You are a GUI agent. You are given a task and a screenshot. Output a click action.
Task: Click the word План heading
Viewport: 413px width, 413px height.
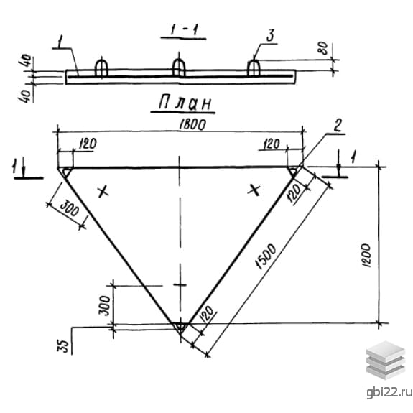(x=185, y=103)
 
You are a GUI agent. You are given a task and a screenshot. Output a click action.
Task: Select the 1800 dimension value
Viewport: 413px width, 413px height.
(x=192, y=124)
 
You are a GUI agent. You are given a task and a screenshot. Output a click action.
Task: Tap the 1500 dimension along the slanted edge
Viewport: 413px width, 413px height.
(x=266, y=256)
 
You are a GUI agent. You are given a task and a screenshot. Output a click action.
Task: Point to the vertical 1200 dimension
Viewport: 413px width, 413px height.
(x=366, y=255)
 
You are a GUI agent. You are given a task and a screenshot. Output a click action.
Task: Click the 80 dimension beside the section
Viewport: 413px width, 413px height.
(x=323, y=48)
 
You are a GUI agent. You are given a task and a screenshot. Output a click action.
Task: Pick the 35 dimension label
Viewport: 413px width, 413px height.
(x=63, y=345)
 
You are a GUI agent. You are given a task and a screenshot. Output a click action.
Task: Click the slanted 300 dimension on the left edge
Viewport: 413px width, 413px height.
(x=69, y=208)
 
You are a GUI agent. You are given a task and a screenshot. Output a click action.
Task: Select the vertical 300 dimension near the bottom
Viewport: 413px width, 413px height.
(x=104, y=305)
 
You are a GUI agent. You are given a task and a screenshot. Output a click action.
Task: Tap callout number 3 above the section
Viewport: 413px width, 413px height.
(x=270, y=35)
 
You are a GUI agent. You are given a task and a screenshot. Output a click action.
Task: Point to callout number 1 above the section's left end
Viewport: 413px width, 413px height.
(x=60, y=42)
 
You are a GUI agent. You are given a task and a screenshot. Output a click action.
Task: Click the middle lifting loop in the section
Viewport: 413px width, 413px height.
(x=179, y=68)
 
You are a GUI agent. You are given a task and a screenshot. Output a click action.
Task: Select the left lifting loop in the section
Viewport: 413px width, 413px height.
(x=101, y=68)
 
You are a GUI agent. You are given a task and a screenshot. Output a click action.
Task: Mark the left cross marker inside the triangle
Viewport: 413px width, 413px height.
(x=103, y=192)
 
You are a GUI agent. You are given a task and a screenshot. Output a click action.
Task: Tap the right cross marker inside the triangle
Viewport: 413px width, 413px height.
(x=254, y=190)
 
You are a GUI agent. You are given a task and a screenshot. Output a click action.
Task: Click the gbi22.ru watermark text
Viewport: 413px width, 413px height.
(x=389, y=393)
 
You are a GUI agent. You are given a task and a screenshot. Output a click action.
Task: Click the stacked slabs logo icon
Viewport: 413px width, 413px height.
(x=385, y=360)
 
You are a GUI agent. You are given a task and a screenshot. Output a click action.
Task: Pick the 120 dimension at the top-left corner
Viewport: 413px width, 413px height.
(x=88, y=144)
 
